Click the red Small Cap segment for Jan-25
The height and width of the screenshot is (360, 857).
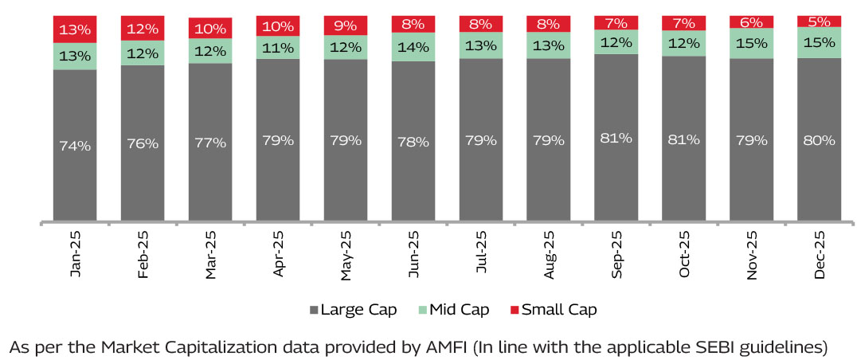(x=75, y=29)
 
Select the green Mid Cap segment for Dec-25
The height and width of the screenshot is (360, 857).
(x=819, y=42)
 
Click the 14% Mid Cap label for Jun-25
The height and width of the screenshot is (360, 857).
(x=413, y=46)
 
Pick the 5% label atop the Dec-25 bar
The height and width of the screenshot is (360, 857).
(x=819, y=21)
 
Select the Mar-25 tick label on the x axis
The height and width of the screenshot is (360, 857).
(x=210, y=255)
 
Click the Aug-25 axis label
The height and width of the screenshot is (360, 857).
(x=549, y=255)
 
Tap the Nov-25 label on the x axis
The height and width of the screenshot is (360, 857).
(x=752, y=255)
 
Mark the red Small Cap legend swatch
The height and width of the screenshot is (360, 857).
(x=514, y=309)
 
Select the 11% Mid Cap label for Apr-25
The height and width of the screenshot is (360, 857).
(x=278, y=47)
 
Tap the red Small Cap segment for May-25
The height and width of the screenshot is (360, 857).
(x=346, y=25)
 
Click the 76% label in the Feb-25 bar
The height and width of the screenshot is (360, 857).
(x=143, y=143)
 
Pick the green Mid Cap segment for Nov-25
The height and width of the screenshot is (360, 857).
(x=752, y=43)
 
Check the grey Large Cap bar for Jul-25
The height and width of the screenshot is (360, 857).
(x=481, y=139)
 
